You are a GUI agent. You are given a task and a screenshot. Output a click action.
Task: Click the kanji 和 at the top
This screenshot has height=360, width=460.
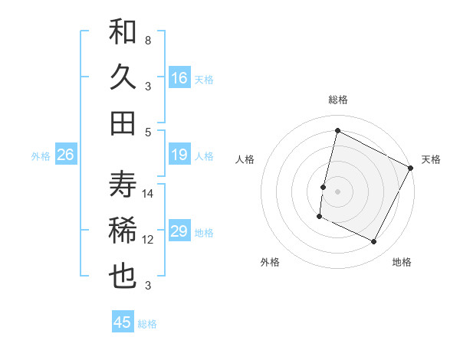click(x=123, y=32)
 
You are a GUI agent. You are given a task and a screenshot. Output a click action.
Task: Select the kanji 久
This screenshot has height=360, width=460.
click(x=123, y=77)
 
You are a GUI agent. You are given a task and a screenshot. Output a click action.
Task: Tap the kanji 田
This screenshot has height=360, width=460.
click(x=123, y=123)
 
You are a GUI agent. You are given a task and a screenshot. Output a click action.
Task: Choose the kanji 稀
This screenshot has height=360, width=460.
click(x=123, y=231)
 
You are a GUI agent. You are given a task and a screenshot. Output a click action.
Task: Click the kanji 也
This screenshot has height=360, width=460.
click(x=123, y=276)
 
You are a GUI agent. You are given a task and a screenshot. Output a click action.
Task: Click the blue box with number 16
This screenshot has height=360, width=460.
click(x=179, y=78)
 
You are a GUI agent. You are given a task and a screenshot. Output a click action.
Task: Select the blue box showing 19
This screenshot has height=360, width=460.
click(x=179, y=155)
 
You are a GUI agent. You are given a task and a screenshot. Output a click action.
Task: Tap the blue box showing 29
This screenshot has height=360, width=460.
click(x=179, y=232)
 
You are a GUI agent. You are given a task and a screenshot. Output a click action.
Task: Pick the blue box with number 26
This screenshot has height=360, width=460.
click(x=65, y=155)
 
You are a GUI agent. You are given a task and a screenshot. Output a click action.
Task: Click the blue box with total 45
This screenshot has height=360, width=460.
click(x=123, y=322)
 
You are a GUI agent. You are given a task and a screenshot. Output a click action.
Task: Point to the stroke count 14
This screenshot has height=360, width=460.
click(x=148, y=194)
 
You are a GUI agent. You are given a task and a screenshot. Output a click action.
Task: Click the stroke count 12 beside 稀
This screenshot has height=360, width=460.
click(x=148, y=240)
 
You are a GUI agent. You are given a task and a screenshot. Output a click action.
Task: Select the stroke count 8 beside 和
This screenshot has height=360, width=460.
click(x=147, y=40)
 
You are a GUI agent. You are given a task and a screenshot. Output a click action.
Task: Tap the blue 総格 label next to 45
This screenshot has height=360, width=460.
click(x=147, y=324)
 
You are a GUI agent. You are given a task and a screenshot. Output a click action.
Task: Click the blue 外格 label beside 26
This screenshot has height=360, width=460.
click(x=41, y=156)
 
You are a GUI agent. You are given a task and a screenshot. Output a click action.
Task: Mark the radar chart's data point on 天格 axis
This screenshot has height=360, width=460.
click(x=411, y=168)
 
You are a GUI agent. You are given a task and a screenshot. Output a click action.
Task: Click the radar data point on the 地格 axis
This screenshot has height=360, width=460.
click(x=374, y=242)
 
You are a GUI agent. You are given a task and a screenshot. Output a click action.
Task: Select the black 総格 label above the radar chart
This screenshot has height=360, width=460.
click(x=338, y=100)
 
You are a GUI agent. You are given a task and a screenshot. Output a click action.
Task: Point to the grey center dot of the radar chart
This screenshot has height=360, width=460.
click(x=337, y=191)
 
